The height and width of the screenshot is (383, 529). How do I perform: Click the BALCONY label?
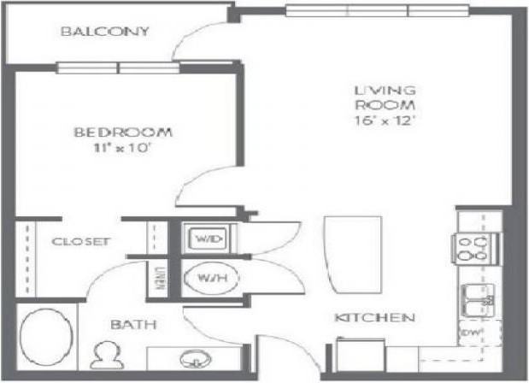(104, 32)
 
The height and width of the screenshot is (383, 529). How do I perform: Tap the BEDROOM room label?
(123, 132)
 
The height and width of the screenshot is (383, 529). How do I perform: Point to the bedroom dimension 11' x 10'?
(121, 148)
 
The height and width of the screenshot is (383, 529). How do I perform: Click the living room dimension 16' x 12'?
(385, 121)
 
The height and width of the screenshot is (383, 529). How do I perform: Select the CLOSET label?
(81, 242)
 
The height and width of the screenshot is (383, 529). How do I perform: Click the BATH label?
(133, 325)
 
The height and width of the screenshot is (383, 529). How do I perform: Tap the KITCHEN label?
(374, 317)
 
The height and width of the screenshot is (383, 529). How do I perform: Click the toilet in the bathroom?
(107, 355)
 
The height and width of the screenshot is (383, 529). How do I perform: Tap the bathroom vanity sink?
(196, 359)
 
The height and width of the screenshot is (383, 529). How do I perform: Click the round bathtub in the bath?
(46, 337)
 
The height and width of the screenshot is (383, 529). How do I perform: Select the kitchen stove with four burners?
(476, 248)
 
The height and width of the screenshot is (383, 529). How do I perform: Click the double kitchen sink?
(479, 300)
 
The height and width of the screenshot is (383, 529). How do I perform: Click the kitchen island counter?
(353, 255)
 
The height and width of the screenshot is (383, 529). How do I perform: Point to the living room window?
(378, 11)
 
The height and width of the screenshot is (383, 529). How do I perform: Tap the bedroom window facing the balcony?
(118, 68)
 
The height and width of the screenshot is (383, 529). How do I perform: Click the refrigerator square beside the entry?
(361, 354)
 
